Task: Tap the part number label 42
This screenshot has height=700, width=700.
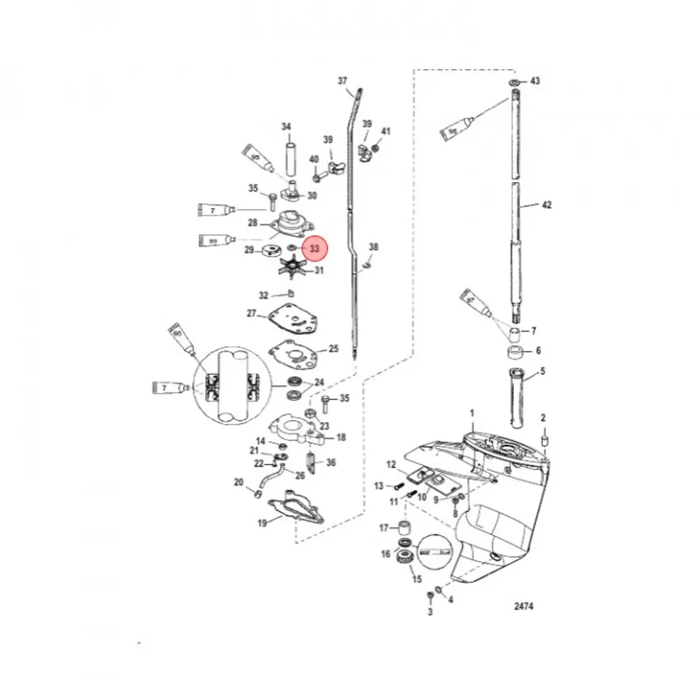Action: click(x=547, y=205)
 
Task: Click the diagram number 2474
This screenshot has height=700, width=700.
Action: click(x=523, y=607)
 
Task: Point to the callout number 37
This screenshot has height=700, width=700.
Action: click(x=342, y=81)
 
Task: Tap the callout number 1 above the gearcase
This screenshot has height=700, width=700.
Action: click(x=473, y=414)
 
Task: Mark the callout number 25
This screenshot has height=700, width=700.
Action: click(x=334, y=349)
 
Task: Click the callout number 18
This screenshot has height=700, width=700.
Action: click(x=341, y=437)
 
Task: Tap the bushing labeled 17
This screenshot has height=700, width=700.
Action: click(x=402, y=528)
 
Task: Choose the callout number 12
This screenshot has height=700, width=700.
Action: click(x=391, y=465)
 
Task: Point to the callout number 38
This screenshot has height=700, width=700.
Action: click(x=373, y=247)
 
